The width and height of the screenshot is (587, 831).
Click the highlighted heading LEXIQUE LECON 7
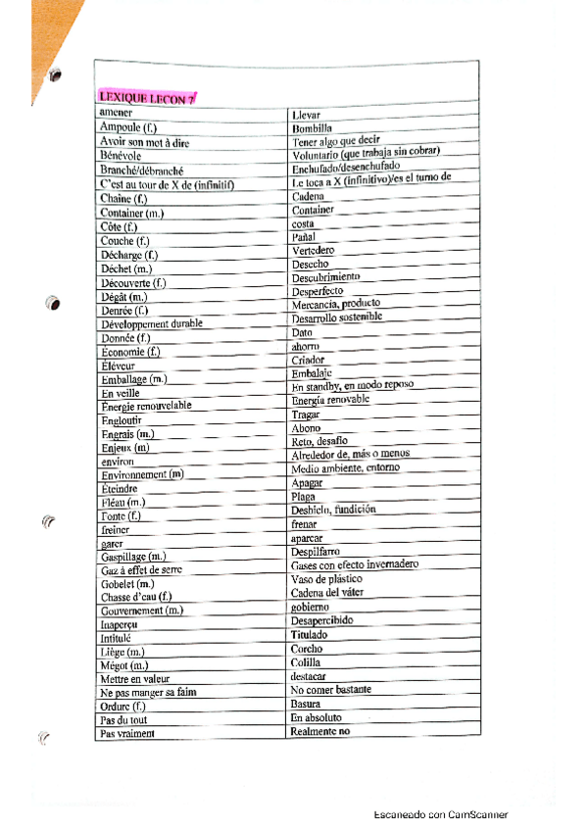[147, 96]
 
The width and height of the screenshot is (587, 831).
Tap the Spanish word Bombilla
[312, 128]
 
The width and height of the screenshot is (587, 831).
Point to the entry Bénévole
[121, 156]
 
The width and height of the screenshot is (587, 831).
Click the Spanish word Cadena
[310, 197]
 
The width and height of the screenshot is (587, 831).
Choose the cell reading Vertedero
[313, 251]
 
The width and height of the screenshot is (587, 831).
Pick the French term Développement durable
[151, 323]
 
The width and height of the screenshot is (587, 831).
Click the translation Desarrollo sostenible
[337, 318]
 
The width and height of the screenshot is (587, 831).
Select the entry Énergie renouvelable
[146, 406]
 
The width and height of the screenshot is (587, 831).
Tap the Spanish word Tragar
[306, 415]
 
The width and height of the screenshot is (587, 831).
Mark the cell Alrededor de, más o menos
[350, 456]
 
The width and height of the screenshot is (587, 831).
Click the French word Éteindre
[120, 488]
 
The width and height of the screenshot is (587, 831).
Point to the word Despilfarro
[316, 552]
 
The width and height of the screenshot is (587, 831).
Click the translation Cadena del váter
[334, 593]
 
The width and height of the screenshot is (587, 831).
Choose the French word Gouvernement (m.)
[142, 611]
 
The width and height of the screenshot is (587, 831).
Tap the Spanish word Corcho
[307, 649]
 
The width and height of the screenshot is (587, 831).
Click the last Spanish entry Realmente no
[320, 731]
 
